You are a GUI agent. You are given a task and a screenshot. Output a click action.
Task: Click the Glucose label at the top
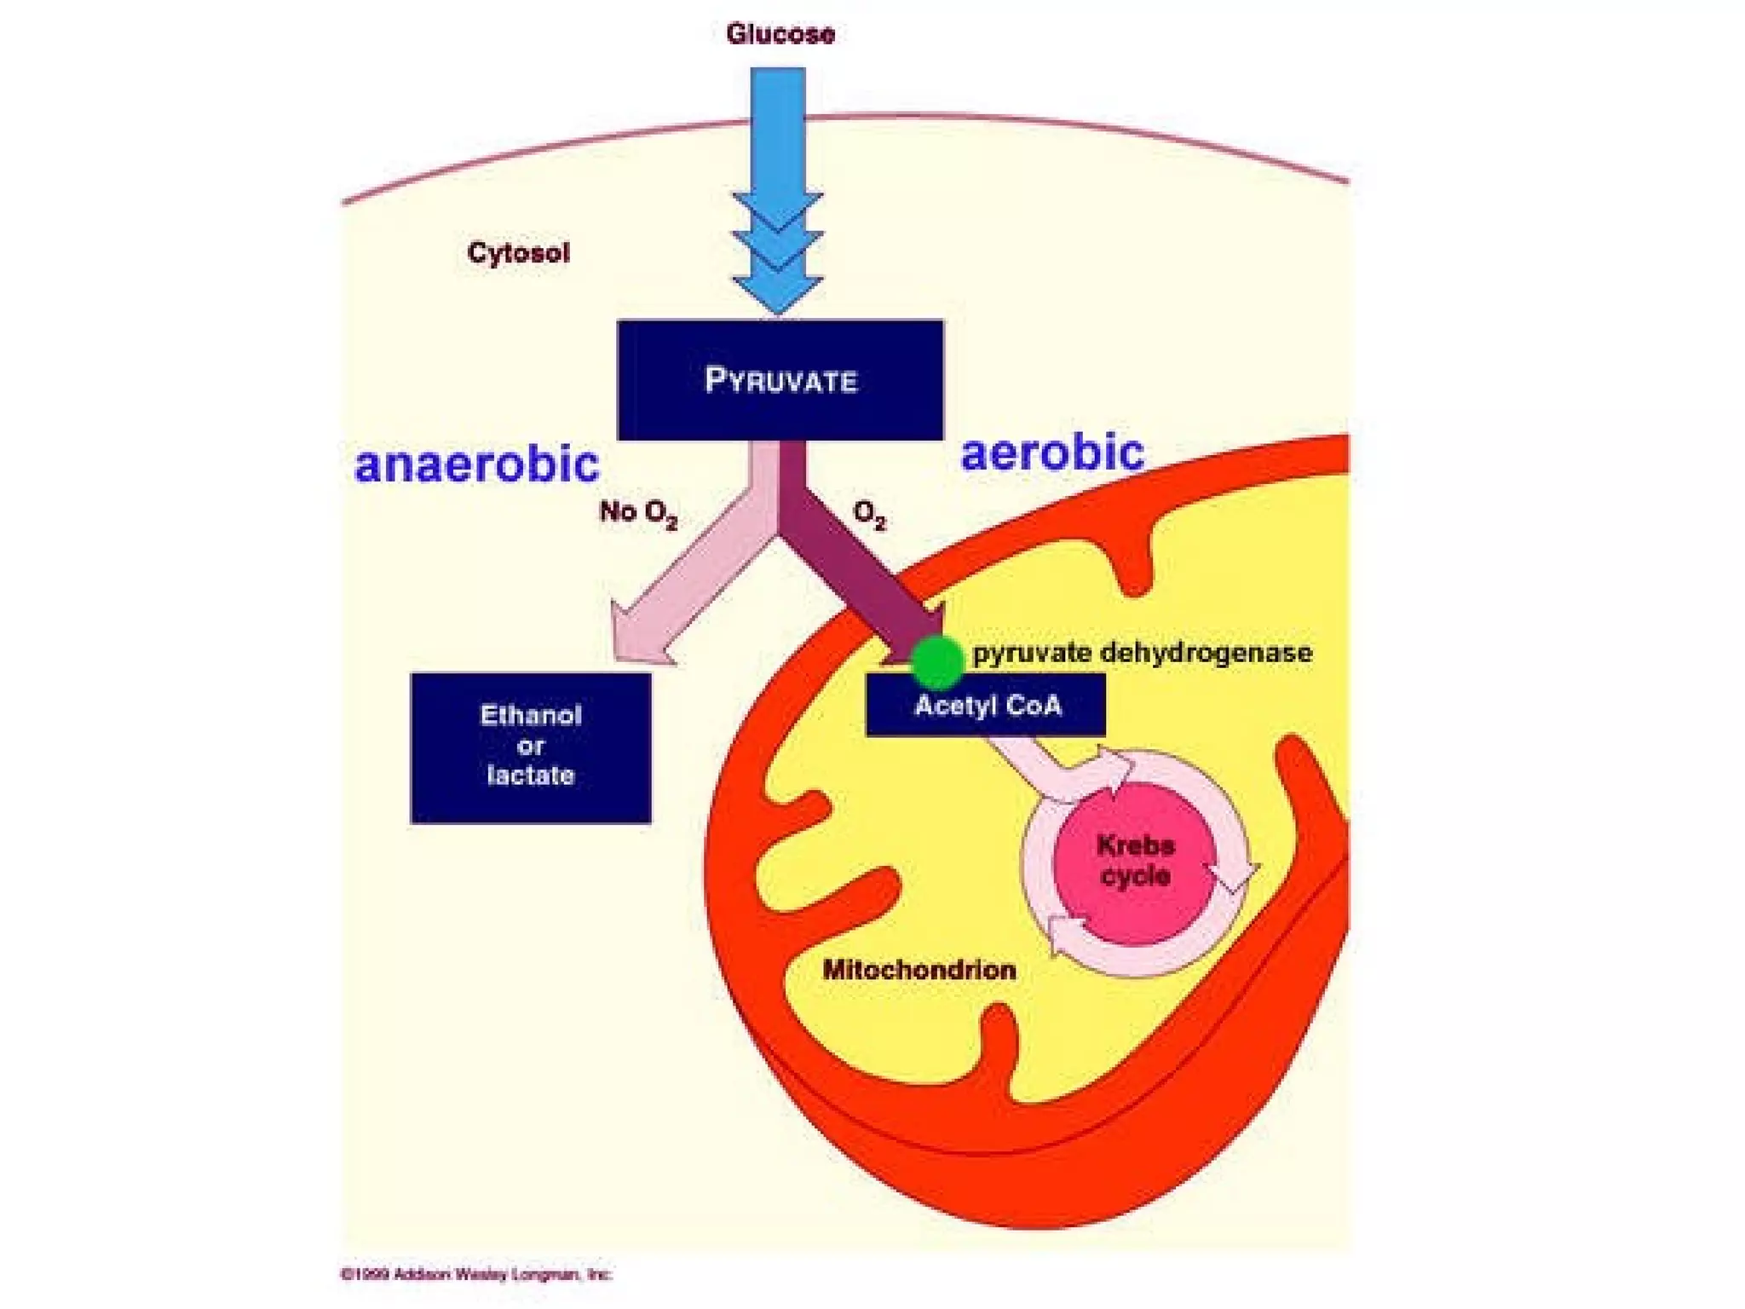(780, 34)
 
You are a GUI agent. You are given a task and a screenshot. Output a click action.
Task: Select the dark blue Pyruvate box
(780, 380)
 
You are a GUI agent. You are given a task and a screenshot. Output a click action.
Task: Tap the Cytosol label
(518, 253)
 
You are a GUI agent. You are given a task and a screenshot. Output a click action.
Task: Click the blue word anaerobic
(476, 464)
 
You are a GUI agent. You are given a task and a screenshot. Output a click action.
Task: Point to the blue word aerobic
(1052, 453)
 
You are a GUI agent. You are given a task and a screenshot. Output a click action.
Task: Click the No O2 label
(638, 512)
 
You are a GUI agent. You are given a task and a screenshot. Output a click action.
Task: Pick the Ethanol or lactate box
(531, 747)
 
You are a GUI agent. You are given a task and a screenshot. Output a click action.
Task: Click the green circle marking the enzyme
(937, 661)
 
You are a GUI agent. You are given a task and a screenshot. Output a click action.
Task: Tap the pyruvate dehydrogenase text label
(1142, 654)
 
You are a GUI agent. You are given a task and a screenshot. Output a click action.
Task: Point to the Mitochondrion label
(919, 970)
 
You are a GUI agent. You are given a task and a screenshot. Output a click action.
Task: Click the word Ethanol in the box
(531, 715)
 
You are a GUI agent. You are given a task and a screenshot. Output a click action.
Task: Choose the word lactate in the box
(531, 776)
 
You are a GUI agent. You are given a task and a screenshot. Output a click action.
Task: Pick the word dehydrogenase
(1206, 654)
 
